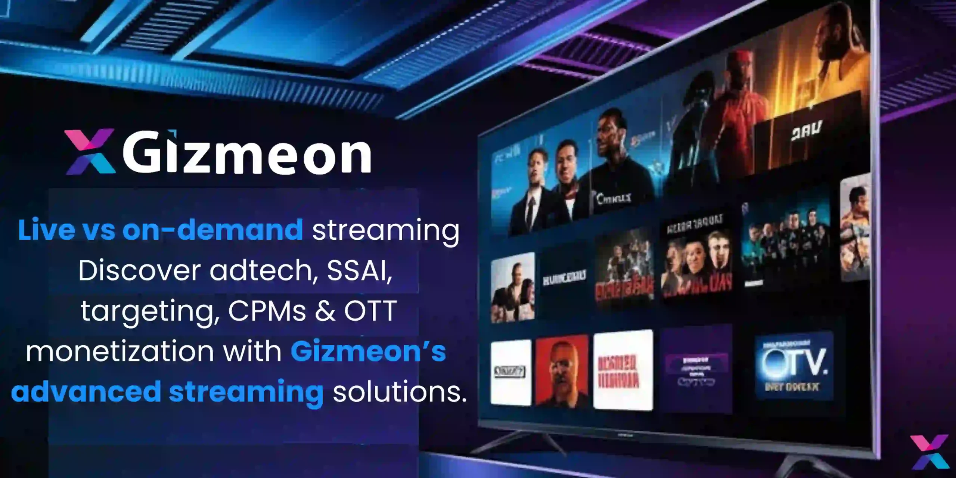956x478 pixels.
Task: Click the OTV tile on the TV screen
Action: pos(794,366)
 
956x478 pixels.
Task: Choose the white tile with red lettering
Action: pos(623,370)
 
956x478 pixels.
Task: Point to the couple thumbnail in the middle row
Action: pos(512,288)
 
